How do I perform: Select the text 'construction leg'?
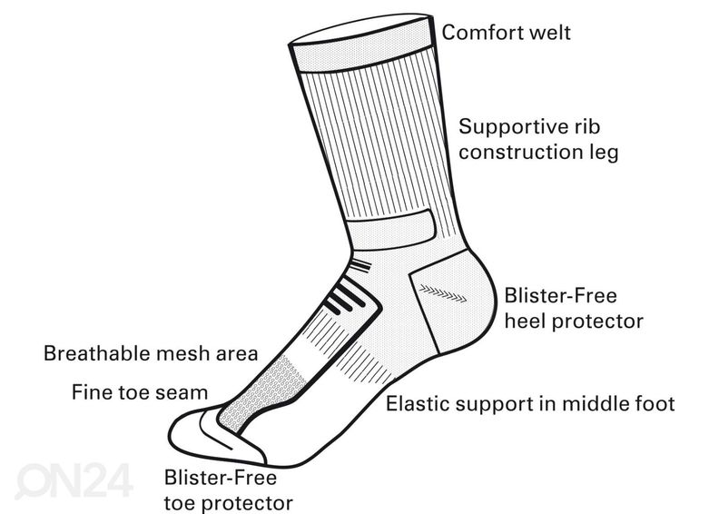tap(538, 151)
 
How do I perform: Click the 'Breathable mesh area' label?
tap(152, 352)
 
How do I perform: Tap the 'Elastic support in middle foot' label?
tap(531, 403)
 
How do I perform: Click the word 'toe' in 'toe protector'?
tap(180, 500)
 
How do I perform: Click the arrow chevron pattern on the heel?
tap(441, 292)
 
